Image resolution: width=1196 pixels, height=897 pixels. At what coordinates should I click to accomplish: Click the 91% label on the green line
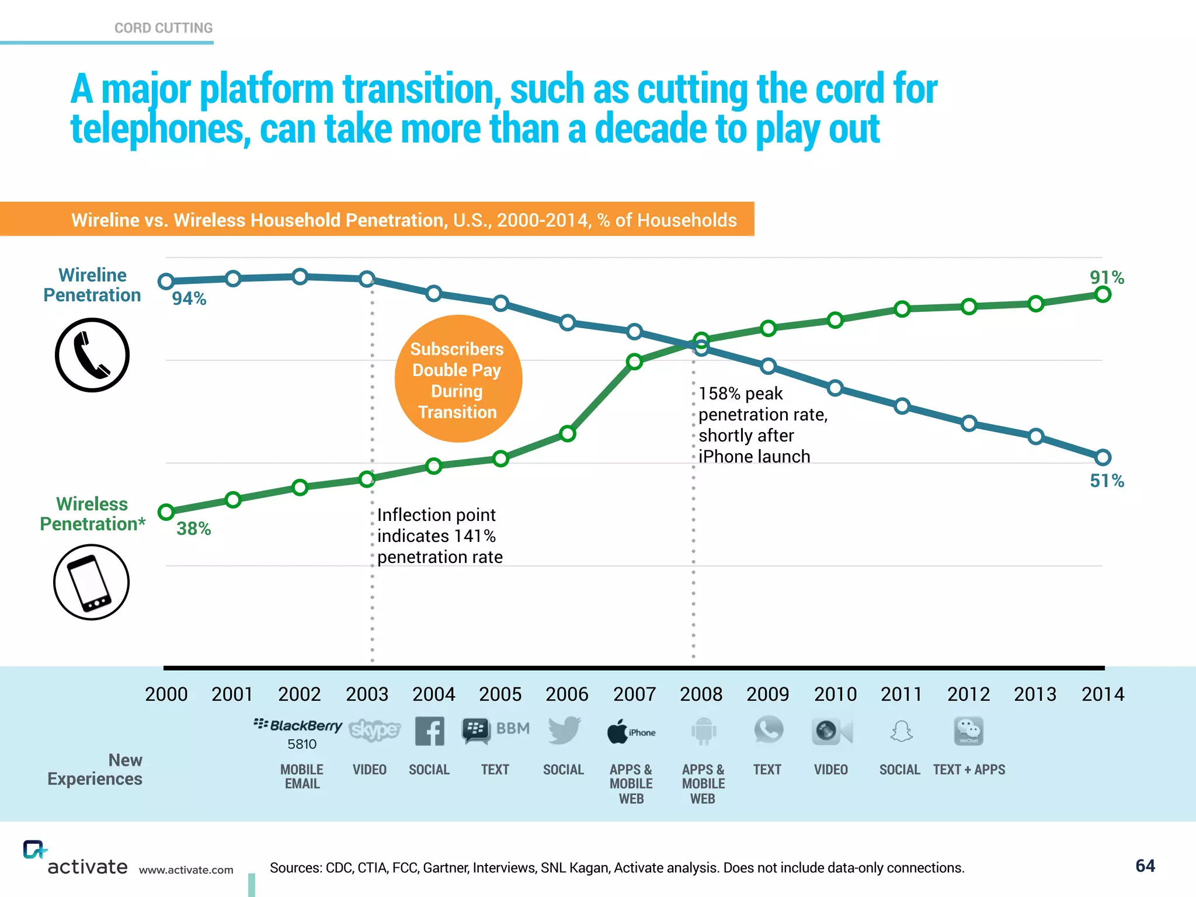coord(1107,277)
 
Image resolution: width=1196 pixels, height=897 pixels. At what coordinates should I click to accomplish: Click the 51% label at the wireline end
coord(1107,481)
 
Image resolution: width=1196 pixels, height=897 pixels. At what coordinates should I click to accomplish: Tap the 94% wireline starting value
coord(189,298)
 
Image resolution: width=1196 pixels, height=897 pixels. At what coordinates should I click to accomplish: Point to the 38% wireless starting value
coord(193,529)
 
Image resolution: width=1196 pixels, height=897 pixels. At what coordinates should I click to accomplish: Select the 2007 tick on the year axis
coord(634,694)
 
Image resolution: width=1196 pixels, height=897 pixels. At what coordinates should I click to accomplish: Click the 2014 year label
coord(1103,694)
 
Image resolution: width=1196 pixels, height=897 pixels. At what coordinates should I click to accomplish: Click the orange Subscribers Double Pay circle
coord(458,379)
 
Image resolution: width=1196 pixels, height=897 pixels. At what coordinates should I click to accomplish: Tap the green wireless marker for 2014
coord(1103,294)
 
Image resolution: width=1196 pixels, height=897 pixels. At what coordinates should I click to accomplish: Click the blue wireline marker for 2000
coord(166,281)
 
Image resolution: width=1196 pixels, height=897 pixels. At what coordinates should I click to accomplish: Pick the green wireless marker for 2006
coord(568,433)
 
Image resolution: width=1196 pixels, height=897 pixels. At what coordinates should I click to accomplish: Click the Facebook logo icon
coord(429,731)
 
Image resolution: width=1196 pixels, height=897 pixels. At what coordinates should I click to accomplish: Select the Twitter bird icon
coord(564,730)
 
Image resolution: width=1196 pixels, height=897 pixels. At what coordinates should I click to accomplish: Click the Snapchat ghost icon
coord(901,731)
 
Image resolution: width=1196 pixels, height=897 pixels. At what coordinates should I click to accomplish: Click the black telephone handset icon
coord(92,355)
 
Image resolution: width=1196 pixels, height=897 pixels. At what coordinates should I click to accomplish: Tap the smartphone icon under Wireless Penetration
coord(91,582)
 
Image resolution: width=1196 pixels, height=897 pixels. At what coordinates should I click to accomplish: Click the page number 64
coord(1145,865)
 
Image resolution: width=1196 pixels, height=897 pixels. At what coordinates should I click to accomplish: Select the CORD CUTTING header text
coord(164,28)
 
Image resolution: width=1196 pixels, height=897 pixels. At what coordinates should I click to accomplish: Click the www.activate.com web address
coord(186,870)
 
